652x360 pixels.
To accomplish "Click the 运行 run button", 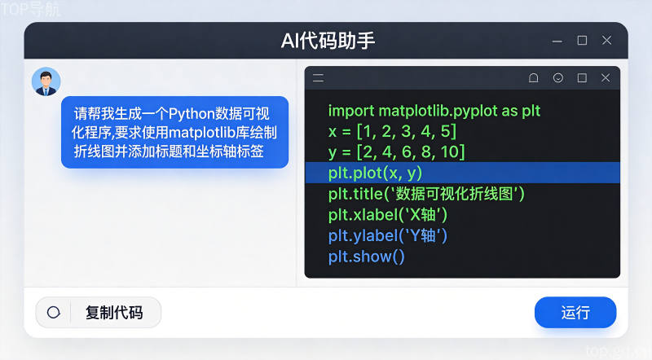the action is tap(575, 312).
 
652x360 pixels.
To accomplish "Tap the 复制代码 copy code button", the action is tap(99, 312).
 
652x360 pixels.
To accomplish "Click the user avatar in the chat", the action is tap(46, 81).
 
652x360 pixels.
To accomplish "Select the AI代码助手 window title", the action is tap(328, 41).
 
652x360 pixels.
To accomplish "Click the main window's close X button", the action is tap(606, 41).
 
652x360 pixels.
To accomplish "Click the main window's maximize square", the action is tap(582, 41).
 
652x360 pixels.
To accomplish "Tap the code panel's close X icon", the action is tap(606, 77).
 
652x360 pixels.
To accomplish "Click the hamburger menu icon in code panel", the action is tap(319, 77).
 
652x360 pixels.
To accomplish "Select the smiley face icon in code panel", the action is tap(558, 77).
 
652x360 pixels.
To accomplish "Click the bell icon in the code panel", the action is tap(534, 77).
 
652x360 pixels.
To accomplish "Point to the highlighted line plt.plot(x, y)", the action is tap(375, 173).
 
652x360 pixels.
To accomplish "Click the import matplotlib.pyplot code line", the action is tap(434, 111).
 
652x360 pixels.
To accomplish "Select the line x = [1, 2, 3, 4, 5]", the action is tap(392, 131).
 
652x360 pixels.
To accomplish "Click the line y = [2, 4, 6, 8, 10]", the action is tap(396, 152).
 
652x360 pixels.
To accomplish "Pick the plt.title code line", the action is tap(426, 194).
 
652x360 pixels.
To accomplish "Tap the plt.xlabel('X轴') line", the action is tap(388, 215).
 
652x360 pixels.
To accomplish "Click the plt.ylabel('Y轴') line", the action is tap(388, 235).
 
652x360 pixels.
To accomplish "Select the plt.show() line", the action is tap(366, 257).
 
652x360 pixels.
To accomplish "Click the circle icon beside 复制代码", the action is tap(54, 312).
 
